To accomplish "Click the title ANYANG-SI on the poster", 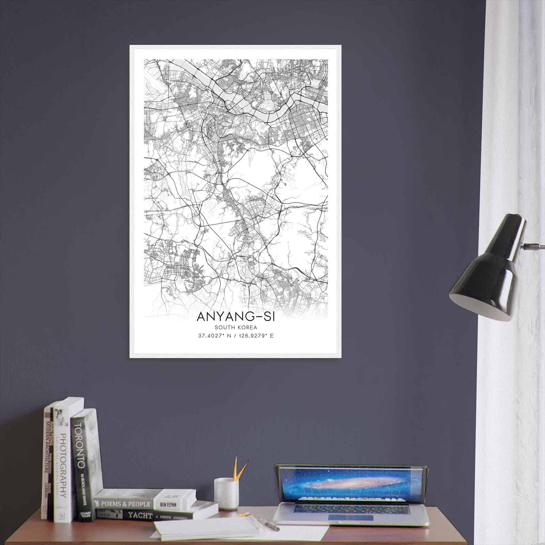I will (x=235, y=316).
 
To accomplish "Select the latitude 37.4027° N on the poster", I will (x=214, y=336).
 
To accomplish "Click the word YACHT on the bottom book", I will (x=140, y=515).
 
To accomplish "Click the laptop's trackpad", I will (x=351, y=518).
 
